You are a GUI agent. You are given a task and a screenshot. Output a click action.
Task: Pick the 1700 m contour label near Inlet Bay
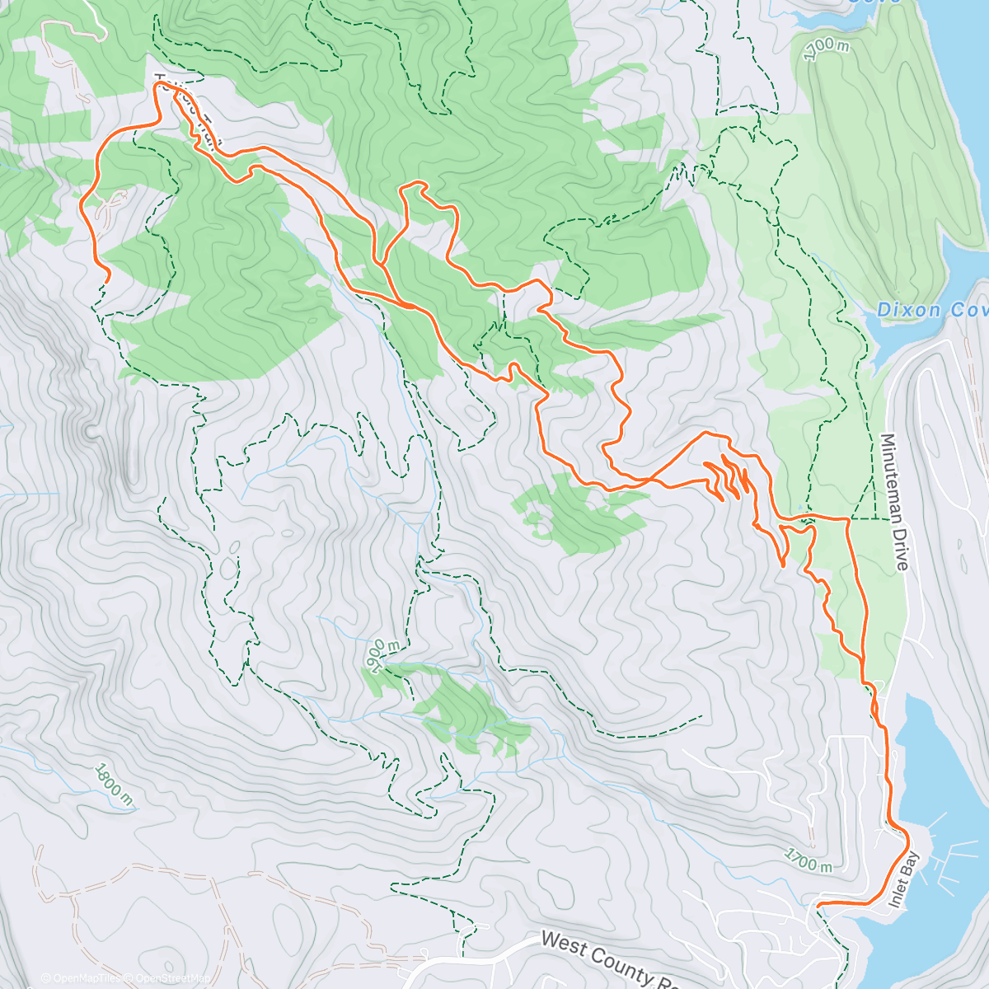[x=808, y=860]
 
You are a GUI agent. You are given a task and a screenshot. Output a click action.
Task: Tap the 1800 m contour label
[x=113, y=783]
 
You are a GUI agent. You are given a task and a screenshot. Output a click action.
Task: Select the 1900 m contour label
[x=377, y=654]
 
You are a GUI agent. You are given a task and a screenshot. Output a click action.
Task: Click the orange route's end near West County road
[x=818, y=905]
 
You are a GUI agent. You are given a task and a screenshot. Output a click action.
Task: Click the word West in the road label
[x=563, y=943]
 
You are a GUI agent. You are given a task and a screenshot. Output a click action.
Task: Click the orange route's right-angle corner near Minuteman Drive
[x=848, y=519]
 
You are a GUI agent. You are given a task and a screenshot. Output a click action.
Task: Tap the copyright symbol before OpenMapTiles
[x=46, y=978]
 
